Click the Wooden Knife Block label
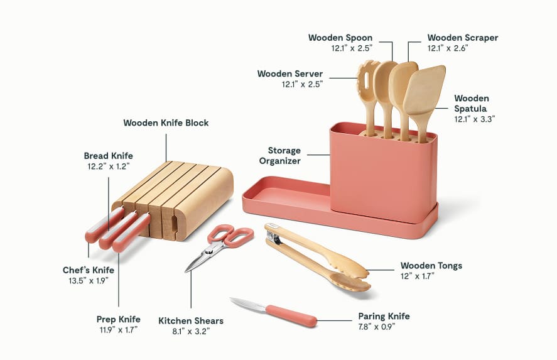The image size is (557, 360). (166, 123)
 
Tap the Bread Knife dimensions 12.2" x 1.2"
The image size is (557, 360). (108, 167)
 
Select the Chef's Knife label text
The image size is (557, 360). (88, 270)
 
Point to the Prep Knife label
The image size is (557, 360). (118, 319)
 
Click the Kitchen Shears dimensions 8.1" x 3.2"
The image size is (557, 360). (190, 330)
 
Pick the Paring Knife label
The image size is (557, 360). (384, 316)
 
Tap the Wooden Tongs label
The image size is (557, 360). (431, 266)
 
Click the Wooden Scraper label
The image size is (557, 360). (462, 38)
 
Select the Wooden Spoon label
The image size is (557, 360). (340, 38)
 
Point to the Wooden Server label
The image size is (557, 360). (289, 74)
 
